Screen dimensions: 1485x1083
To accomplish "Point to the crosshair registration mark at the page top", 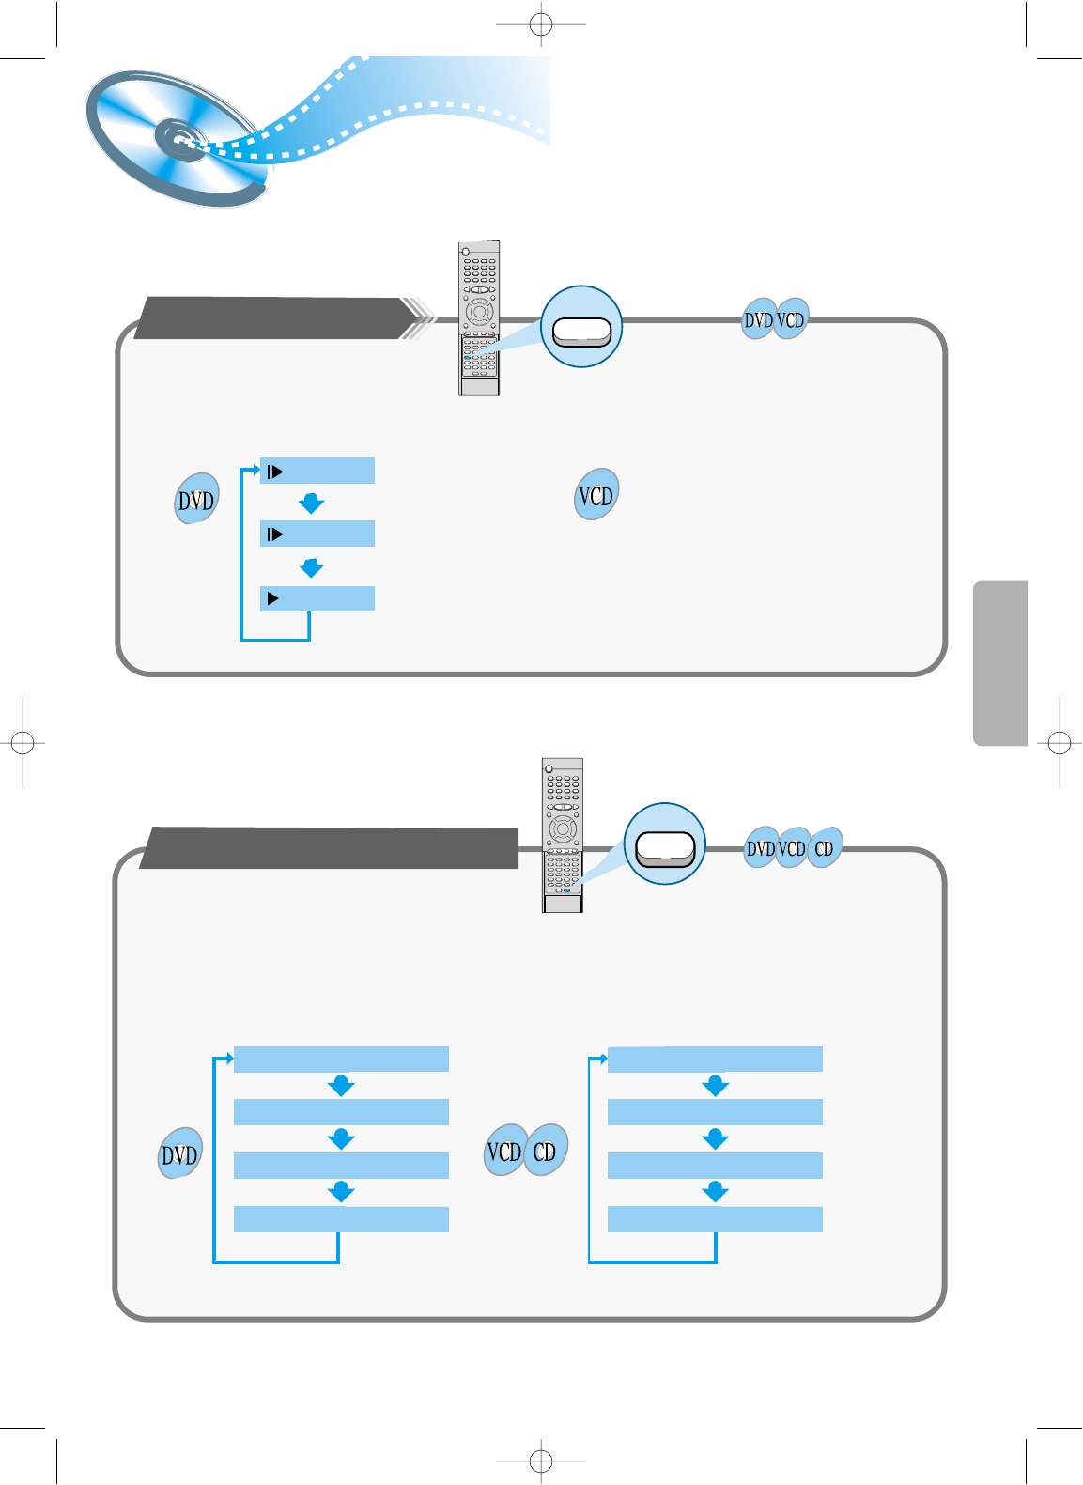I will click(x=541, y=24).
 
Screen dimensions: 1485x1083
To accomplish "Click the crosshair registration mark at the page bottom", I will click(x=541, y=1461).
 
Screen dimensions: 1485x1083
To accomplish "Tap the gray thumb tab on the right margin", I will click(x=1000, y=663).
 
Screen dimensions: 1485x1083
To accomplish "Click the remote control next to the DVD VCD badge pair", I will click(x=479, y=318).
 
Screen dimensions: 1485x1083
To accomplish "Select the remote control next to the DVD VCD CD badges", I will click(x=563, y=835).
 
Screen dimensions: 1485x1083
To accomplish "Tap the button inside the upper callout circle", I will click(x=581, y=331).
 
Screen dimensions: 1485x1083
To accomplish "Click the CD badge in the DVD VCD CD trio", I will click(x=824, y=848).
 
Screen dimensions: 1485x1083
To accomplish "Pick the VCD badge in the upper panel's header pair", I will click(x=791, y=320).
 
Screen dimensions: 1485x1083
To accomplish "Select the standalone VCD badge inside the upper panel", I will click(x=596, y=495).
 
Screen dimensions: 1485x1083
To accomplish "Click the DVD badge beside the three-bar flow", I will click(x=196, y=500).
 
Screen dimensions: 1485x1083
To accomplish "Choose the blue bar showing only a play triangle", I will click(x=317, y=598).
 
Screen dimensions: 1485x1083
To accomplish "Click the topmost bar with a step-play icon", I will click(x=317, y=471).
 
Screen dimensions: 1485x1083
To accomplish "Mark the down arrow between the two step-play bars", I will click(x=311, y=503).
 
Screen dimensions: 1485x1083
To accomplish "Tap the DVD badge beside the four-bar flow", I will click(x=179, y=1153).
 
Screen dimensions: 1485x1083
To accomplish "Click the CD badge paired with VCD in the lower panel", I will click(x=545, y=1151).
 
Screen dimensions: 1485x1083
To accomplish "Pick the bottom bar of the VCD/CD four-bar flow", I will click(x=715, y=1219).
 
